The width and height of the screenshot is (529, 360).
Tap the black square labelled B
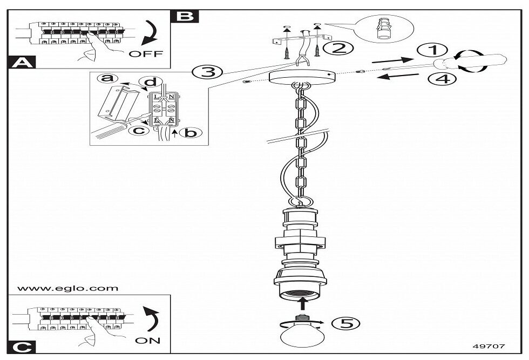pos(184,16)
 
